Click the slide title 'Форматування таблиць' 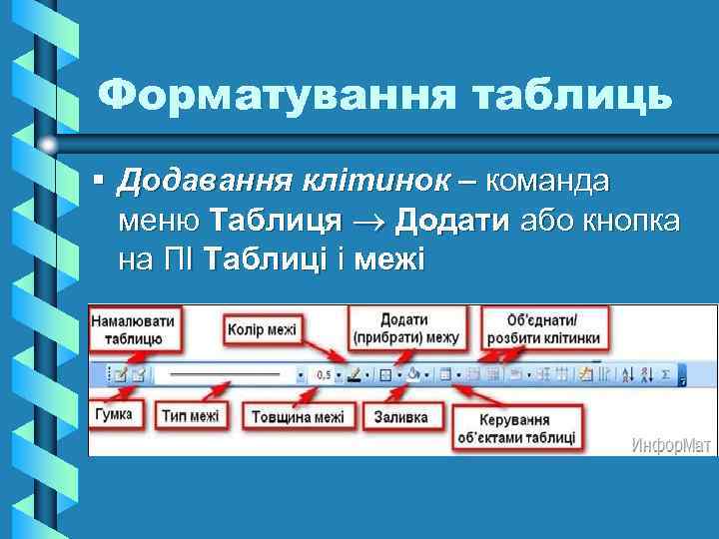[384, 96]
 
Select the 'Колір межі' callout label [262, 328]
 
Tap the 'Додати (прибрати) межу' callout [404, 328]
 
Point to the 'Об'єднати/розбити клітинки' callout [545, 328]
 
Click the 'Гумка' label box [114, 414]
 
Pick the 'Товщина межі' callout [298, 416]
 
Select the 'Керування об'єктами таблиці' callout [516, 427]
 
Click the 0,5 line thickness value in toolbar [323, 375]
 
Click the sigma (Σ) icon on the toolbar [665, 375]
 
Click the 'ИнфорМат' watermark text [670, 443]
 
